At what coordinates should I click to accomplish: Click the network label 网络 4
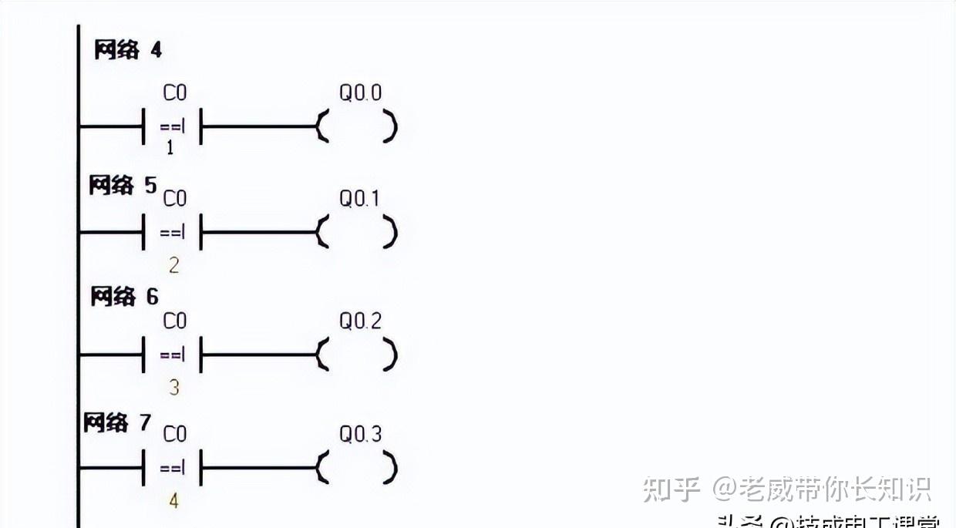pos(128,51)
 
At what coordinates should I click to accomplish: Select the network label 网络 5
pos(123,186)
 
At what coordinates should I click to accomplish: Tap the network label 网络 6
pos(125,297)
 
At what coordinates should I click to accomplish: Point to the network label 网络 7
pos(117,422)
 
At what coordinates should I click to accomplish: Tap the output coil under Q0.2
pos(357,355)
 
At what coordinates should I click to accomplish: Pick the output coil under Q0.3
pos(357,468)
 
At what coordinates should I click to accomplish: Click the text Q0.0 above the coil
pos(361,93)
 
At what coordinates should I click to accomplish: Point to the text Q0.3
pos(361,435)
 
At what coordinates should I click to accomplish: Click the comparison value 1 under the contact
pos(170,148)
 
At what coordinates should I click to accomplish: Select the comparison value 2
pos(173,266)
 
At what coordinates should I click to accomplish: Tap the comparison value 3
pos(173,388)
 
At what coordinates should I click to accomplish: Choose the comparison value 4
pos(173,501)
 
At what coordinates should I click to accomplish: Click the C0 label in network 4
pos(175,93)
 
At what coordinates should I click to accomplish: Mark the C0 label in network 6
pos(175,321)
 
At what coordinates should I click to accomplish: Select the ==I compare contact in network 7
pos(173,468)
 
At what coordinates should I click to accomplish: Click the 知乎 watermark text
pos(672,489)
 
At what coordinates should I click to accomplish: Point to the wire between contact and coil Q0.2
pos(258,355)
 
